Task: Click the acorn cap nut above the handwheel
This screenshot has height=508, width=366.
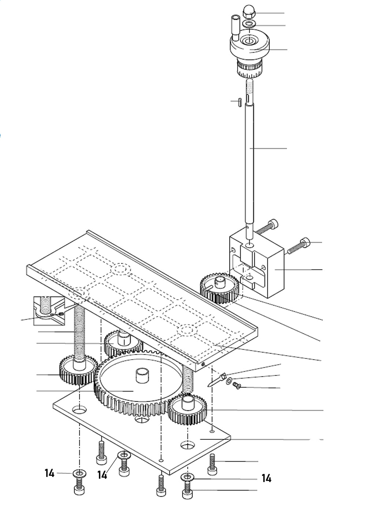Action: click(249, 14)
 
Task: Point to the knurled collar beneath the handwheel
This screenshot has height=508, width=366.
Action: click(249, 68)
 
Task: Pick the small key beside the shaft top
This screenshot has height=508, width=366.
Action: click(238, 102)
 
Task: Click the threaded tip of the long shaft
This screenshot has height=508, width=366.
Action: click(249, 88)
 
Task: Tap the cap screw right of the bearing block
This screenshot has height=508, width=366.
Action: click(299, 245)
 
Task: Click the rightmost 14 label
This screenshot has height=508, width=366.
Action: click(266, 478)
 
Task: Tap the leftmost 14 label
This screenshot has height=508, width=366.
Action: click(49, 473)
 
